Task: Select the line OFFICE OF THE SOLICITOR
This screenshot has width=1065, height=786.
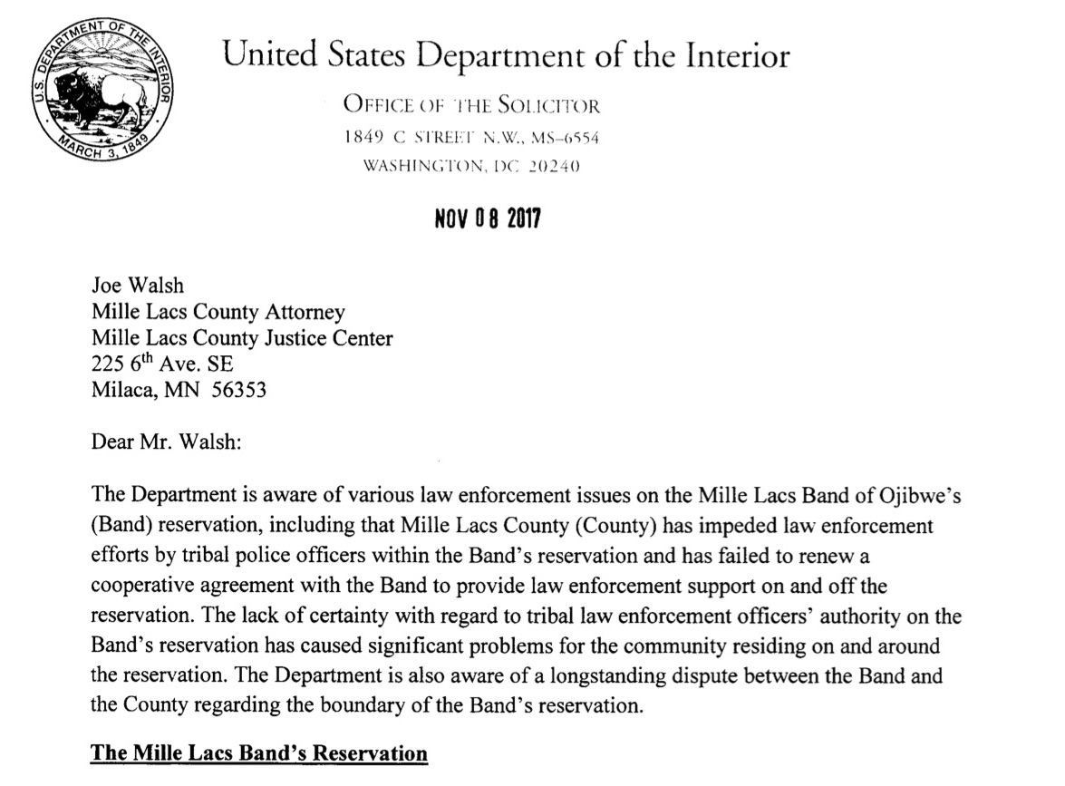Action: (471, 106)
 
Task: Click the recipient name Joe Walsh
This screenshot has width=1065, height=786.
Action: (138, 286)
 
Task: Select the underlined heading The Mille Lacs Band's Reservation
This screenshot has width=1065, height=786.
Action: (259, 753)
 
